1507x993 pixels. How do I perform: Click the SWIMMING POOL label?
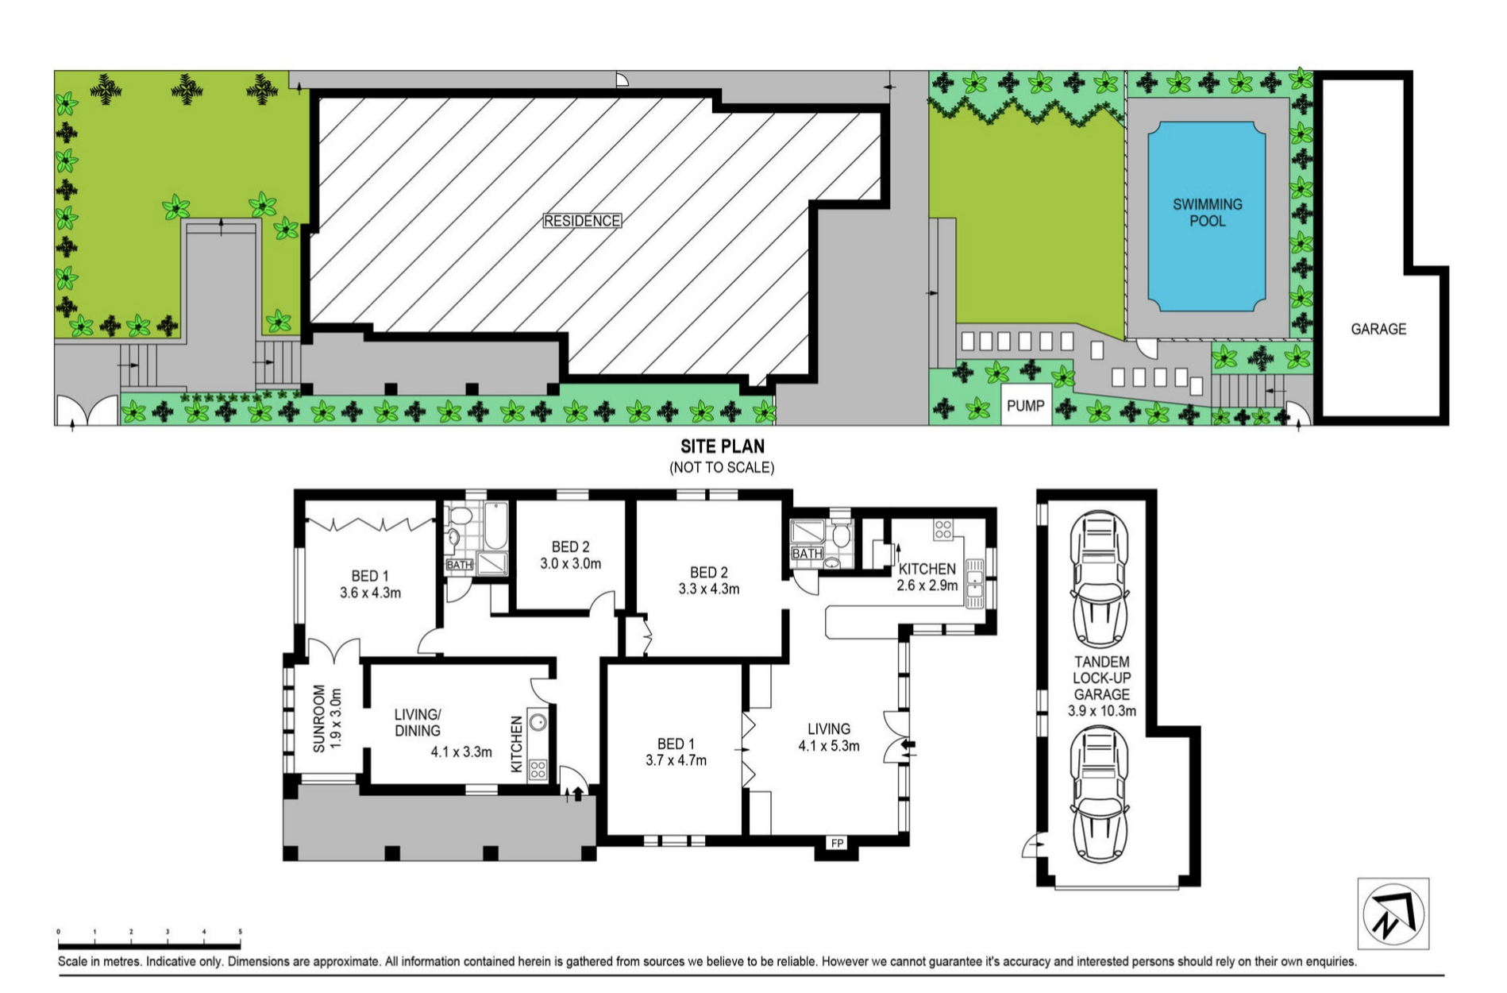[1207, 212]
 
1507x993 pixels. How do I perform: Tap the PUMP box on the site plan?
[1026, 405]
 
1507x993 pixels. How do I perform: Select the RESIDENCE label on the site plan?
[582, 221]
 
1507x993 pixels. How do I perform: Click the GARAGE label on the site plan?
[1378, 329]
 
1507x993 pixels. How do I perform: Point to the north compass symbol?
[1393, 914]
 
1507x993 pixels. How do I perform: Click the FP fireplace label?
[837, 843]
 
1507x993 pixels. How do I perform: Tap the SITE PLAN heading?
[723, 446]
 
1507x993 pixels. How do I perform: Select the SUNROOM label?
[319, 718]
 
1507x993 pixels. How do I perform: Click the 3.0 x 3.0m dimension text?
[571, 564]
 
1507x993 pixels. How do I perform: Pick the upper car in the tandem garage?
[1100, 579]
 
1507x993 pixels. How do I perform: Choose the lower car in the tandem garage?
[1100, 795]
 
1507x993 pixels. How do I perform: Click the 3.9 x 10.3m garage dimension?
[1102, 711]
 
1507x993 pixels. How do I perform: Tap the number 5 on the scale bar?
[240, 932]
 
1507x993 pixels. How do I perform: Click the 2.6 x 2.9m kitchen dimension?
[927, 585]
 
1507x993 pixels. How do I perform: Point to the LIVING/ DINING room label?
[418, 723]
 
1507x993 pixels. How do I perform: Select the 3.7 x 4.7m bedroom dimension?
[676, 760]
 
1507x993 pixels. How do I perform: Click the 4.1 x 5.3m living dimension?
[829, 746]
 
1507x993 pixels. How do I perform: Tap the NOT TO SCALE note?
[722, 468]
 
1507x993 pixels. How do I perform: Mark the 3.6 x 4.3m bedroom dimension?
[370, 593]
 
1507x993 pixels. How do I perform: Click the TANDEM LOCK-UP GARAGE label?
[1102, 678]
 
